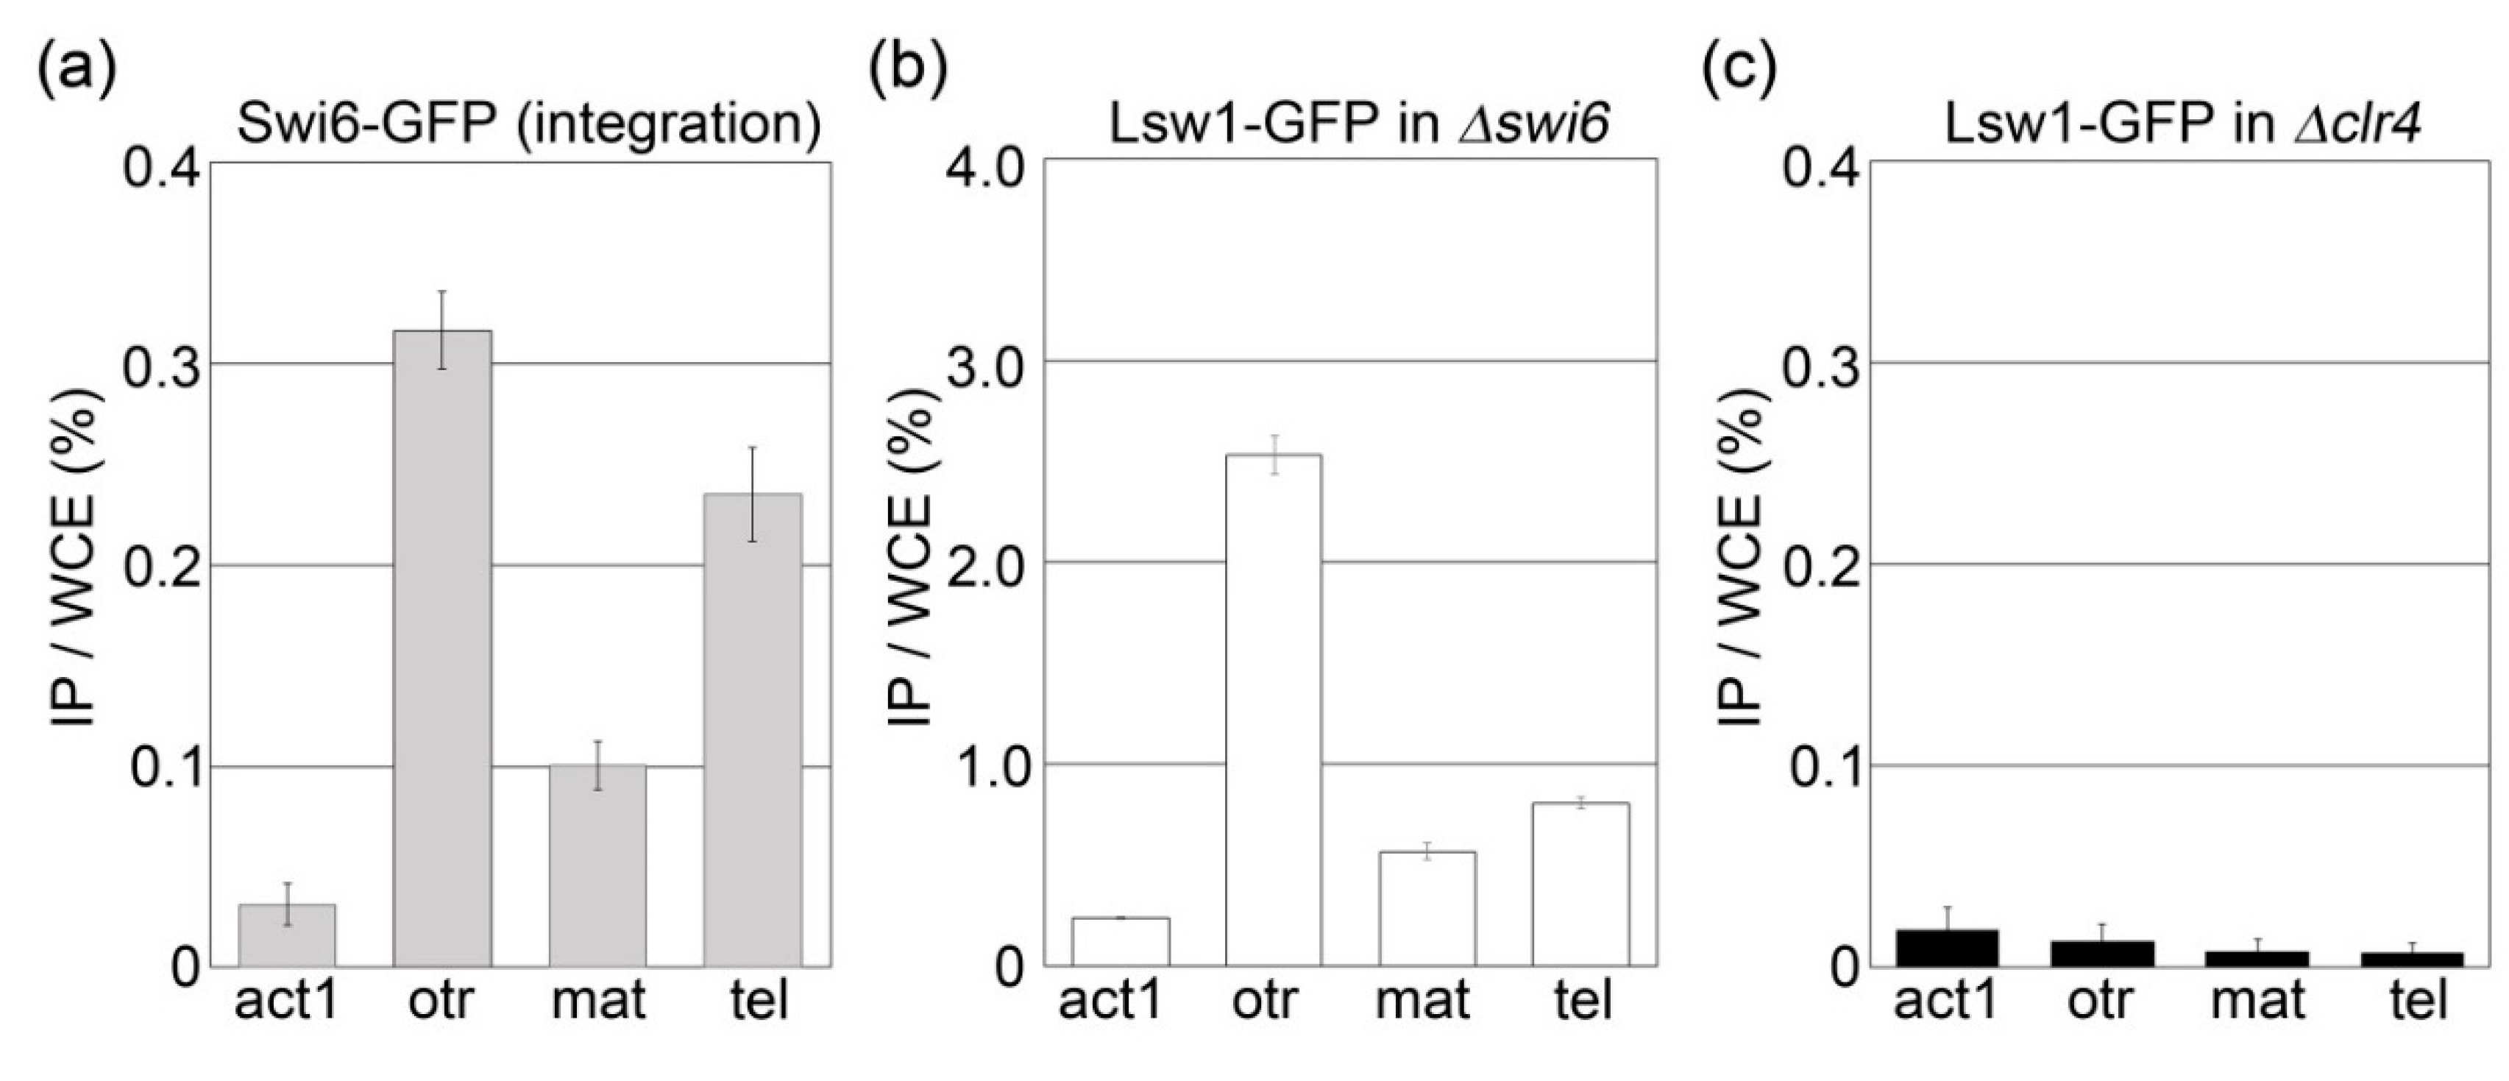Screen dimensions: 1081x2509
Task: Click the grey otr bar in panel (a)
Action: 441,648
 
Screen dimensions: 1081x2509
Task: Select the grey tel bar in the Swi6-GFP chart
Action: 753,731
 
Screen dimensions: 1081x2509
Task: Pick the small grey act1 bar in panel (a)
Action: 288,935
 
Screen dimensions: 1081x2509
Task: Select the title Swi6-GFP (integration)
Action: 528,124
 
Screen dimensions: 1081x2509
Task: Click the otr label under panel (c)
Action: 2099,1001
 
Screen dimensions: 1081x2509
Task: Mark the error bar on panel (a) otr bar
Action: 441,329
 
